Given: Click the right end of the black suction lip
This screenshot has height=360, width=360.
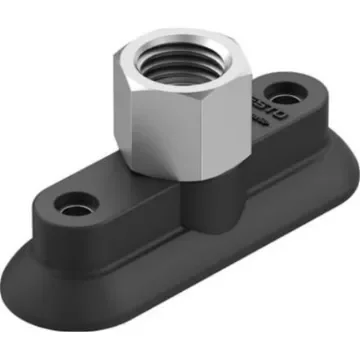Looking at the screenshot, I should pyautogui.click(x=335, y=150).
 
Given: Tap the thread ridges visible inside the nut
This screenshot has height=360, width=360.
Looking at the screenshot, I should pyautogui.click(x=170, y=56).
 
